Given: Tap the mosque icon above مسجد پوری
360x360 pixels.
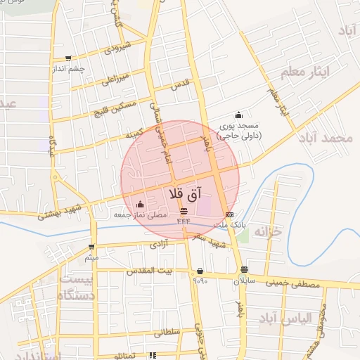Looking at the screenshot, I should tap(239, 115).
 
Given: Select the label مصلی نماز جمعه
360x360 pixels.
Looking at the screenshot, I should tap(141, 217).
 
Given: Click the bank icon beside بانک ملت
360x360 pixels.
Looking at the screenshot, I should tap(229, 214).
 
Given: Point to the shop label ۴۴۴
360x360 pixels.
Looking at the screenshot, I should tap(184, 221).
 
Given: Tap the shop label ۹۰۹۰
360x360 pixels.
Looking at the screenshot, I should tap(200, 281).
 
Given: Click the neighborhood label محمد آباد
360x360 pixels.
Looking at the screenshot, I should tap(324, 137).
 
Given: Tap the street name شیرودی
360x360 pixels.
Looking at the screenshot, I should tap(117, 49).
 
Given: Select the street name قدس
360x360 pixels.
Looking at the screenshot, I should tap(181, 85).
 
